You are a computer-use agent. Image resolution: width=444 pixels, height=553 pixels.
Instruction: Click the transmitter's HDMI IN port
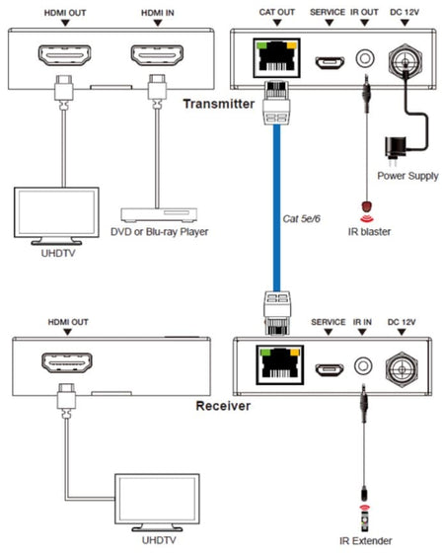[157, 55]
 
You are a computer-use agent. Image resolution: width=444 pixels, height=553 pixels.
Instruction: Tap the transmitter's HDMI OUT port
[64, 55]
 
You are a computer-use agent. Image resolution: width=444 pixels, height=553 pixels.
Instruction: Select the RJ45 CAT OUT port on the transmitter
[277, 58]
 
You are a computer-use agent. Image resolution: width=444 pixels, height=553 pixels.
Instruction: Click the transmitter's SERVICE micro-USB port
[330, 62]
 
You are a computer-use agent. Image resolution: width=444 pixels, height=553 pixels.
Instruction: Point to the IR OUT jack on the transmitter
[365, 58]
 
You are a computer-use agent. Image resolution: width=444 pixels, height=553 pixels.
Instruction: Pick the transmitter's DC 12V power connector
[406, 61]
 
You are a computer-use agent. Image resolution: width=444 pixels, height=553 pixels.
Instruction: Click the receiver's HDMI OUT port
[67, 363]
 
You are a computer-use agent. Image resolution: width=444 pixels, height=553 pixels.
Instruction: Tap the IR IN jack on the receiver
[363, 365]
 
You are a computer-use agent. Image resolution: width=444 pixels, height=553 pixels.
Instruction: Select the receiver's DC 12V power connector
[402, 369]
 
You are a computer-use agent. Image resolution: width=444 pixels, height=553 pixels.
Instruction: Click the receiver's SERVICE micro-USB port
[330, 369]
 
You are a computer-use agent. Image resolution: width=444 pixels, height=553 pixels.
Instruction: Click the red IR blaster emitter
[367, 206]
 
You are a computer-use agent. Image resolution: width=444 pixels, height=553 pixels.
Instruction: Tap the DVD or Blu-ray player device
[159, 215]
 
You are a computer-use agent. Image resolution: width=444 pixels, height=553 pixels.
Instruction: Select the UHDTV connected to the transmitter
[56, 216]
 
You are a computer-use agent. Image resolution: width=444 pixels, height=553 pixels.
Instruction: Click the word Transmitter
[218, 104]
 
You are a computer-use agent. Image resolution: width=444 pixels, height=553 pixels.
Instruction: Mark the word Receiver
[223, 406]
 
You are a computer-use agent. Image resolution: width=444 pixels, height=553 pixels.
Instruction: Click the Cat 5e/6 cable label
[302, 218]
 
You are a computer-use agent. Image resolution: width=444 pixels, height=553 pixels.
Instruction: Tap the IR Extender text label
[365, 541]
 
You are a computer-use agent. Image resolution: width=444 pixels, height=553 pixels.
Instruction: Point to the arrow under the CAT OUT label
[277, 23]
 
